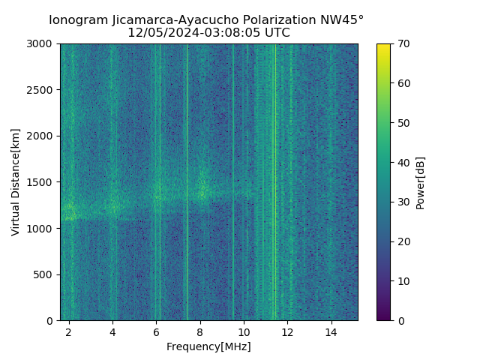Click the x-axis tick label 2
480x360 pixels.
coord(69,331)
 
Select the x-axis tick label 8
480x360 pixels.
coord(200,331)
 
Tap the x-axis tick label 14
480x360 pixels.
coord(331,331)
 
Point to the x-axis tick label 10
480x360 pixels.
coord(244,331)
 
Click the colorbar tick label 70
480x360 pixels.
coord(403,44)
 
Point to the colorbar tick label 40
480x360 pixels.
coord(403,163)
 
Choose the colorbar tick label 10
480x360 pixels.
coord(403,281)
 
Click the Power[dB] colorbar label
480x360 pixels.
coord(421,182)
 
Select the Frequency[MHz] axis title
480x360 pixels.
coord(208,346)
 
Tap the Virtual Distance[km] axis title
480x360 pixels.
coord(16,182)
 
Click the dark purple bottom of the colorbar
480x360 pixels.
coord(383,318)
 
